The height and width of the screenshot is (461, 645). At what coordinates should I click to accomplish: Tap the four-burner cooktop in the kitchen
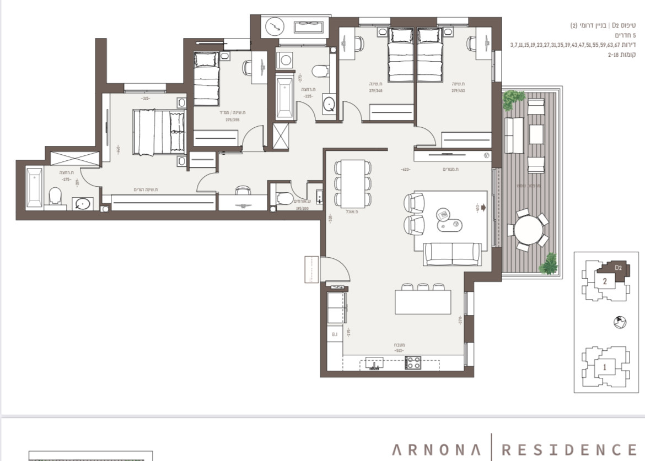click(x=413, y=362)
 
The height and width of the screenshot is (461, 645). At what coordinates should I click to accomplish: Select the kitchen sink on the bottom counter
click(x=374, y=362)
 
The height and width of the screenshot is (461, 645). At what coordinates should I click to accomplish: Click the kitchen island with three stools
click(x=423, y=302)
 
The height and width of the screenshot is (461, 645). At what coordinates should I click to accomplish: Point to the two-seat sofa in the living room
click(x=452, y=254)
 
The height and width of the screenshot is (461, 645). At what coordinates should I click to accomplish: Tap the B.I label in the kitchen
click(x=334, y=334)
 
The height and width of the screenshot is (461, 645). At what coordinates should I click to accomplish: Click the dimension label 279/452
click(x=459, y=91)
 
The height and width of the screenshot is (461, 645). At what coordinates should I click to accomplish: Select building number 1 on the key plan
click(x=604, y=366)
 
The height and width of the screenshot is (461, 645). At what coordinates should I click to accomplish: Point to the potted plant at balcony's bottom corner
click(x=549, y=263)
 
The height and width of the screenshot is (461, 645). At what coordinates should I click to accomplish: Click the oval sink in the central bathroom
click(x=328, y=104)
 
